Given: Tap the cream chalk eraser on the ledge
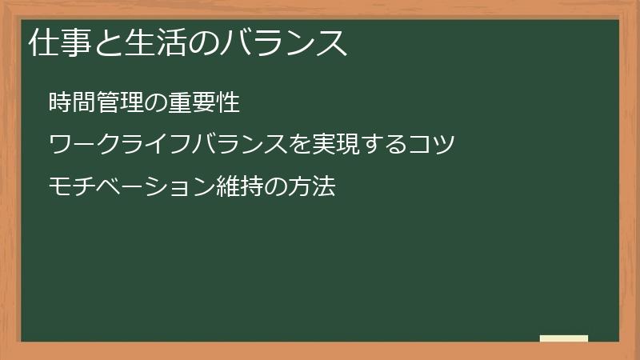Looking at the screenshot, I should pos(564,338).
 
